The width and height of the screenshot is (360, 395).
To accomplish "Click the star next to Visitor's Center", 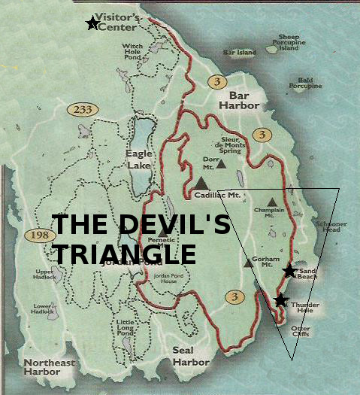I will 92,23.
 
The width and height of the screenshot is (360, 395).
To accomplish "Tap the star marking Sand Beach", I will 289,271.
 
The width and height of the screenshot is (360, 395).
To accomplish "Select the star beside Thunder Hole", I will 280,300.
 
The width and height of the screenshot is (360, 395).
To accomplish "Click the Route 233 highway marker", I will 83,110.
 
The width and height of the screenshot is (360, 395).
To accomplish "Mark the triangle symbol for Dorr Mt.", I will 221,161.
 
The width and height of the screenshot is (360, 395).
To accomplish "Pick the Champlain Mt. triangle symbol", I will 271,201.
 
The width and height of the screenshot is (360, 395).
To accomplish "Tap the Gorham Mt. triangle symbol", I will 249,263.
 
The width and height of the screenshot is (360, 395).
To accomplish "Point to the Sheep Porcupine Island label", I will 289,42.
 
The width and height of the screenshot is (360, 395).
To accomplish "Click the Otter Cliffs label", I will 301,332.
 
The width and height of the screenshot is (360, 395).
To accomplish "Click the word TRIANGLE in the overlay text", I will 124,253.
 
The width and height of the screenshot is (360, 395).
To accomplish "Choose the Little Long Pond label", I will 125,329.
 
